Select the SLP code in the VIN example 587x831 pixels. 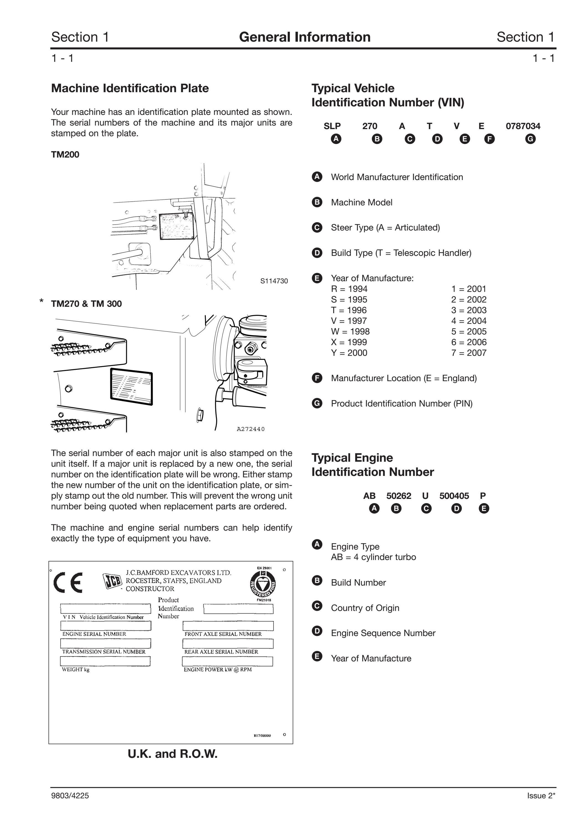[332, 126]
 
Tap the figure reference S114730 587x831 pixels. [274, 281]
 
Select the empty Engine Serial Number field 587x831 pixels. [105, 625]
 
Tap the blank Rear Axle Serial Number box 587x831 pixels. [228, 643]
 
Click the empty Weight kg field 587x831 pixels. [105, 661]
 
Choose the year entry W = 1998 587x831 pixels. [350, 332]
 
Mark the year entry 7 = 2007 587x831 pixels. [469, 353]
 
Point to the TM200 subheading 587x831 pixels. [65, 155]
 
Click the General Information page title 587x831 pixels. [305, 37]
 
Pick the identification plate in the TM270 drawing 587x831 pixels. [131, 387]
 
